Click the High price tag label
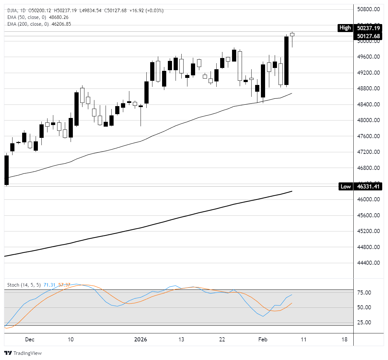tap(345, 28)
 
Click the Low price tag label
tap(345, 187)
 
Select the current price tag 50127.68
tap(368, 36)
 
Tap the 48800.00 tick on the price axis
tap(368, 88)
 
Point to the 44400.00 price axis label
tap(368, 263)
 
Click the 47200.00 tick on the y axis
tap(368, 152)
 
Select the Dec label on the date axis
tap(30, 339)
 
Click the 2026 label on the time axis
tap(141, 339)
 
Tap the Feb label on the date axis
tap(263, 339)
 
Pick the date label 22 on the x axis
tap(222, 339)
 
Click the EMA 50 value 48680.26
tap(59, 17)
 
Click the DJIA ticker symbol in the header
tap(13, 11)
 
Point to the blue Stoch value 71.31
tap(49, 285)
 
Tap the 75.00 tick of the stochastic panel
tap(364, 293)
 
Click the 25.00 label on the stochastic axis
tap(364, 322)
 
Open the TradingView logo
tap(23, 353)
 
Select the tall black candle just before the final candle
tap(286, 61)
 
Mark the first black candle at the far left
tap(6, 170)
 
